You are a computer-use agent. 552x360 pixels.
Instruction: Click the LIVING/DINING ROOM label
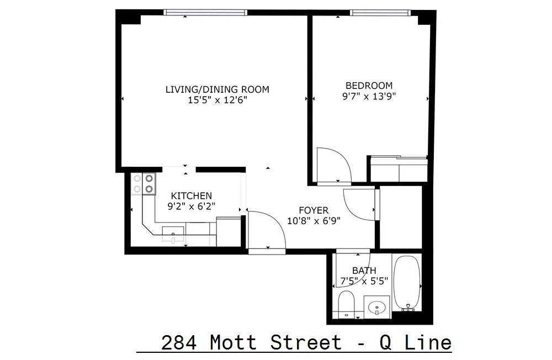[x=217, y=89]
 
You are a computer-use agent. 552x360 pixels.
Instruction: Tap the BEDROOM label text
[x=369, y=86]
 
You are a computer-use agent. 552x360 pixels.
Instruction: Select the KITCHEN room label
[x=191, y=196]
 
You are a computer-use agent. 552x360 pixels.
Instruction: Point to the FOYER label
[x=314, y=210]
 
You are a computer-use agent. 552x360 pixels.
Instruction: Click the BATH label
[x=364, y=271]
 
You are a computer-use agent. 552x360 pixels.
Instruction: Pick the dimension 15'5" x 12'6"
[x=217, y=100]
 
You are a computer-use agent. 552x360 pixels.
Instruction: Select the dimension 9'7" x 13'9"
[x=369, y=96]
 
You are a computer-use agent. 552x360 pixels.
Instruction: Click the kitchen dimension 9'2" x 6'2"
[x=191, y=206]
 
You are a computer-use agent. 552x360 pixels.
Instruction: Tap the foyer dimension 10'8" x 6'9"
[x=314, y=220]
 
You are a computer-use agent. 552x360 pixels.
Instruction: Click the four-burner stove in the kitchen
[x=144, y=184]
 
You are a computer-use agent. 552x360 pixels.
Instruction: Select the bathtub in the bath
[x=407, y=282]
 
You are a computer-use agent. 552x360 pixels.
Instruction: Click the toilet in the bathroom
[x=346, y=305]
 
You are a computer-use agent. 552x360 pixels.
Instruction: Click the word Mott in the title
[x=233, y=342]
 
